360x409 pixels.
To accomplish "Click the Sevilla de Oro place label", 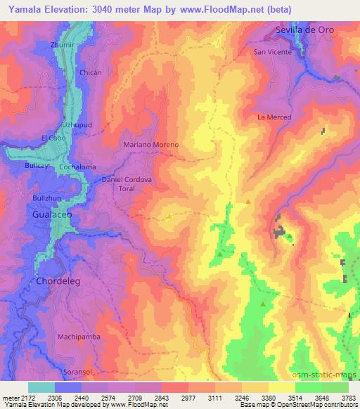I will (x=303, y=31).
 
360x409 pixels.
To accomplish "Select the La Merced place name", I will (x=274, y=117).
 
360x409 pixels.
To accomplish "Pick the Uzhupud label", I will (x=77, y=123).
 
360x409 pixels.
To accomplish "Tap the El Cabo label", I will (x=53, y=137).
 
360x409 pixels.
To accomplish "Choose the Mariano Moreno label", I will (x=151, y=144).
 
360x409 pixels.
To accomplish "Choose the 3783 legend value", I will (x=349, y=398).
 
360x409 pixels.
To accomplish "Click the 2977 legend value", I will (x=187, y=398).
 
